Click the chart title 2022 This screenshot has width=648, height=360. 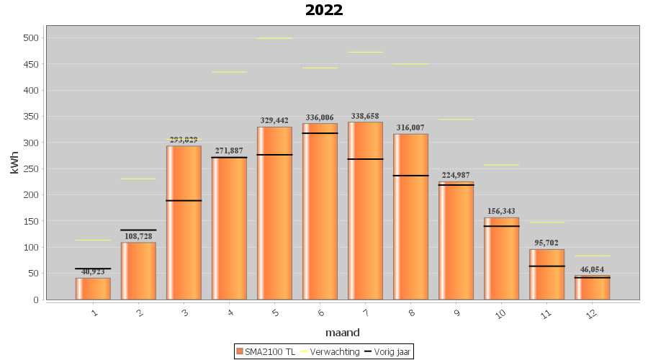point(324,10)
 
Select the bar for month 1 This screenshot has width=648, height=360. point(93,289)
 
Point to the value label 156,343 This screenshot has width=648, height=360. point(501,212)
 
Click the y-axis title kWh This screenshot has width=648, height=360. point(14,162)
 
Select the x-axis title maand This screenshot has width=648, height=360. point(342,333)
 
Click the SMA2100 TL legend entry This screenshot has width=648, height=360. point(266,351)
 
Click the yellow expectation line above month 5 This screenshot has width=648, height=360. point(274,38)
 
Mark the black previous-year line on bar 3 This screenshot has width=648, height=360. point(184,200)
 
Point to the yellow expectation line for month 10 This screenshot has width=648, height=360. point(501,165)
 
